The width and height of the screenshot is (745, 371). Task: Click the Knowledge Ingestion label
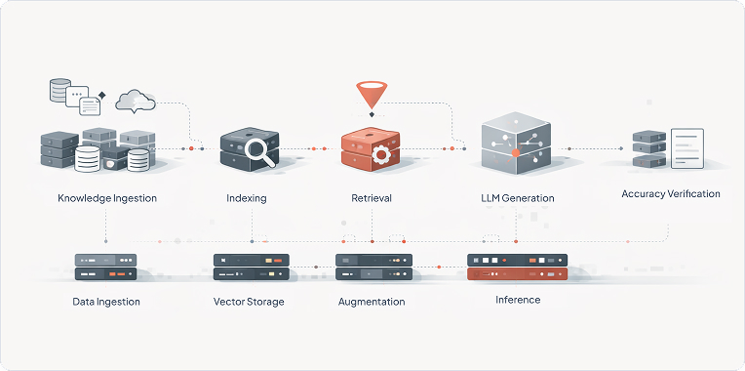(106, 198)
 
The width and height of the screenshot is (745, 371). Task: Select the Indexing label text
(246, 198)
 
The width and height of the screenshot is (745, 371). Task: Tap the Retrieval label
(371, 198)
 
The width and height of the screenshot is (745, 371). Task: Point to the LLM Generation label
(517, 198)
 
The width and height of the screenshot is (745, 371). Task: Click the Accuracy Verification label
(670, 193)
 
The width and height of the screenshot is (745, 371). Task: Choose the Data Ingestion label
(106, 302)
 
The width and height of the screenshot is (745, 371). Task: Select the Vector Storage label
(249, 302)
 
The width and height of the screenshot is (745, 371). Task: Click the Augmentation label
(371, 302)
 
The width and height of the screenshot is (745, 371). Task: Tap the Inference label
(517, 300)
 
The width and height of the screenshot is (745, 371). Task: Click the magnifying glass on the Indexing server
(259, 150)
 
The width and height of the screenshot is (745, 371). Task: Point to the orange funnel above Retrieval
(372, 95)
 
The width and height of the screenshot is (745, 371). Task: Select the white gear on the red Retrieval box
(381, 153)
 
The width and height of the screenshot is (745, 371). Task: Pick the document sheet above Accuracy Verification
(687, 148)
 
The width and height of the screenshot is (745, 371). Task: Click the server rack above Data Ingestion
(105, 261)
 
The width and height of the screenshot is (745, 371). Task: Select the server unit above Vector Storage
(251, 261)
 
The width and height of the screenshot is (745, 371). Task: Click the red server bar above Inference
(517, 275)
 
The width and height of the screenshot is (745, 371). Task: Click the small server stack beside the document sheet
(648, 148)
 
